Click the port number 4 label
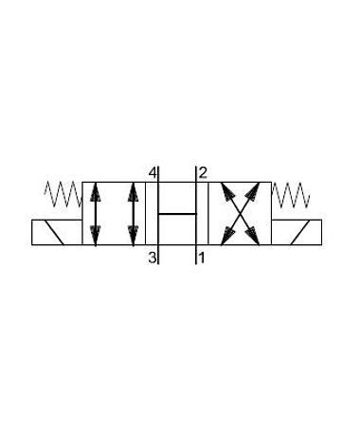pos(153,173)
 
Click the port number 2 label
pos(203,173)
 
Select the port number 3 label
pos(153,257)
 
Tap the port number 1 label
pos(201,257)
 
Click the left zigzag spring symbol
pos(63,194)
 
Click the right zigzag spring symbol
pos(291,194)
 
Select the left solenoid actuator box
pos(57,232)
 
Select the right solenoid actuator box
pos(297,232)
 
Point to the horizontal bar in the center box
pos(177,214)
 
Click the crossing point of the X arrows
pos(241,214)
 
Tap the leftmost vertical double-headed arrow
pos(96,214)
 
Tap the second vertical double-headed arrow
pos(134,214)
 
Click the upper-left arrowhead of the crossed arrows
pos(226,191)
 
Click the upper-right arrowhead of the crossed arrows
pos(254,191)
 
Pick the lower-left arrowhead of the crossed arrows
pos(226,237)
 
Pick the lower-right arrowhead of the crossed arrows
pos(254,237)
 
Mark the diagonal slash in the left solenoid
pos(54,232)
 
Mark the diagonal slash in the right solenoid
pos(300,232)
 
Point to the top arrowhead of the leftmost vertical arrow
pos(96,191)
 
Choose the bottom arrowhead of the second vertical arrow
pos(134,236)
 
